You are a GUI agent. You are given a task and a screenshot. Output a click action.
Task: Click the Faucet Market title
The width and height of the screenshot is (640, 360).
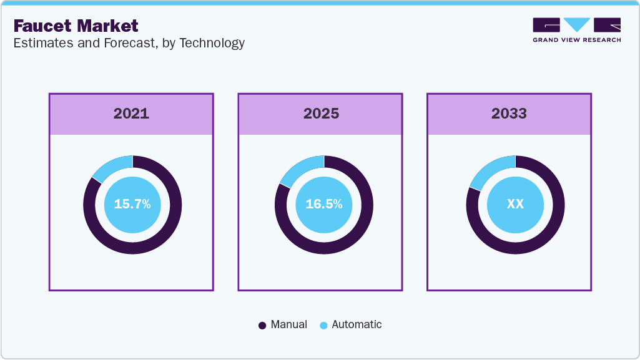point(76,26)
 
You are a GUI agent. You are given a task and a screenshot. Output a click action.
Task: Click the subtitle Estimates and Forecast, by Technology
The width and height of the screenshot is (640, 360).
point(129,43)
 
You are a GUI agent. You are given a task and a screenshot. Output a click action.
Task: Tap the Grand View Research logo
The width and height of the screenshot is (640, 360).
point(576,29)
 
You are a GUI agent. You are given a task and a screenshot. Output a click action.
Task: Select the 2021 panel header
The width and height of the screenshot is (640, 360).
point(131,114)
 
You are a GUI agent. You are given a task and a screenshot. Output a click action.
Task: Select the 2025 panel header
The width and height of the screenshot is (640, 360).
point(321,114)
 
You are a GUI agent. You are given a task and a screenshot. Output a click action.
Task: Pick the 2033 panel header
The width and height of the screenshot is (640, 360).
point(509,114)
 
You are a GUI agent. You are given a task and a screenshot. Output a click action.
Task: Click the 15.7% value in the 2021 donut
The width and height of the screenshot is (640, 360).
point(132,204)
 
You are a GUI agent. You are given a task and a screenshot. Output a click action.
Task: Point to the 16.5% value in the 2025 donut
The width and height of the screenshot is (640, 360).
point(323,204)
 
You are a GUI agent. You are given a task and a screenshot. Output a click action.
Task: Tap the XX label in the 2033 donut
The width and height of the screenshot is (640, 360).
point(515,204)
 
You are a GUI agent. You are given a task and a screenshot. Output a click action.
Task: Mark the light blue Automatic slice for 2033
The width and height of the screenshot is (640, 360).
point(493,167)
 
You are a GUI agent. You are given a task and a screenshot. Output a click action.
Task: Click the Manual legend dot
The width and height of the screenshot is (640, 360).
point(262,325)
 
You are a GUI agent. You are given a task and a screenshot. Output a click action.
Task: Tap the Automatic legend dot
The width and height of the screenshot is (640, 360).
point(323,325)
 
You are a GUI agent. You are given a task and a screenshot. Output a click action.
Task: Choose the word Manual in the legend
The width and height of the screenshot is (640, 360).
point(288,324)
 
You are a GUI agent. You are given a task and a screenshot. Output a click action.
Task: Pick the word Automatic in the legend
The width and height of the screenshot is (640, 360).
point(357,324)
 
